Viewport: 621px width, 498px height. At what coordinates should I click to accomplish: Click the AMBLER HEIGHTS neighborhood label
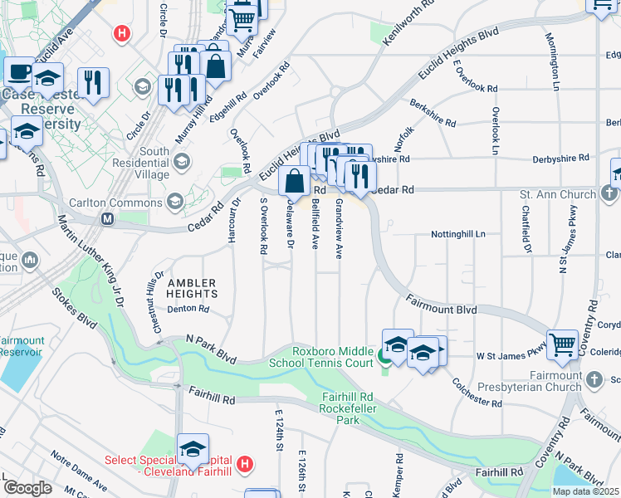[x=192, y=288]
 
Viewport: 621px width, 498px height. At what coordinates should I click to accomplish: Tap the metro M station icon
[x=107, y=219]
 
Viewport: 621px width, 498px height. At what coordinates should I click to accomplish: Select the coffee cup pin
[x=19, y=72]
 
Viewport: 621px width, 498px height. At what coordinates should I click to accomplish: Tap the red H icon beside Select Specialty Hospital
[x=244, y=463]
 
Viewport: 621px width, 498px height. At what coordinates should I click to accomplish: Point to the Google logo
[x=28, y=488]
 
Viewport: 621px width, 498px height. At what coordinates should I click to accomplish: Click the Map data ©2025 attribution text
[x=585, y=491]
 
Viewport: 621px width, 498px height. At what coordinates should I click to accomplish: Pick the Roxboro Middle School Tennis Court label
[x=321, y=356]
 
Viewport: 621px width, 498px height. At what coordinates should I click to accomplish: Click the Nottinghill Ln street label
[x=457, y=235]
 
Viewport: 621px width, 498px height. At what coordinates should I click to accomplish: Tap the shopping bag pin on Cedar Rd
[x=295, y=180]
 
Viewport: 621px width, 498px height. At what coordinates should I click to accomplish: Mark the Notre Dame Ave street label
[x=77, y=471]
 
